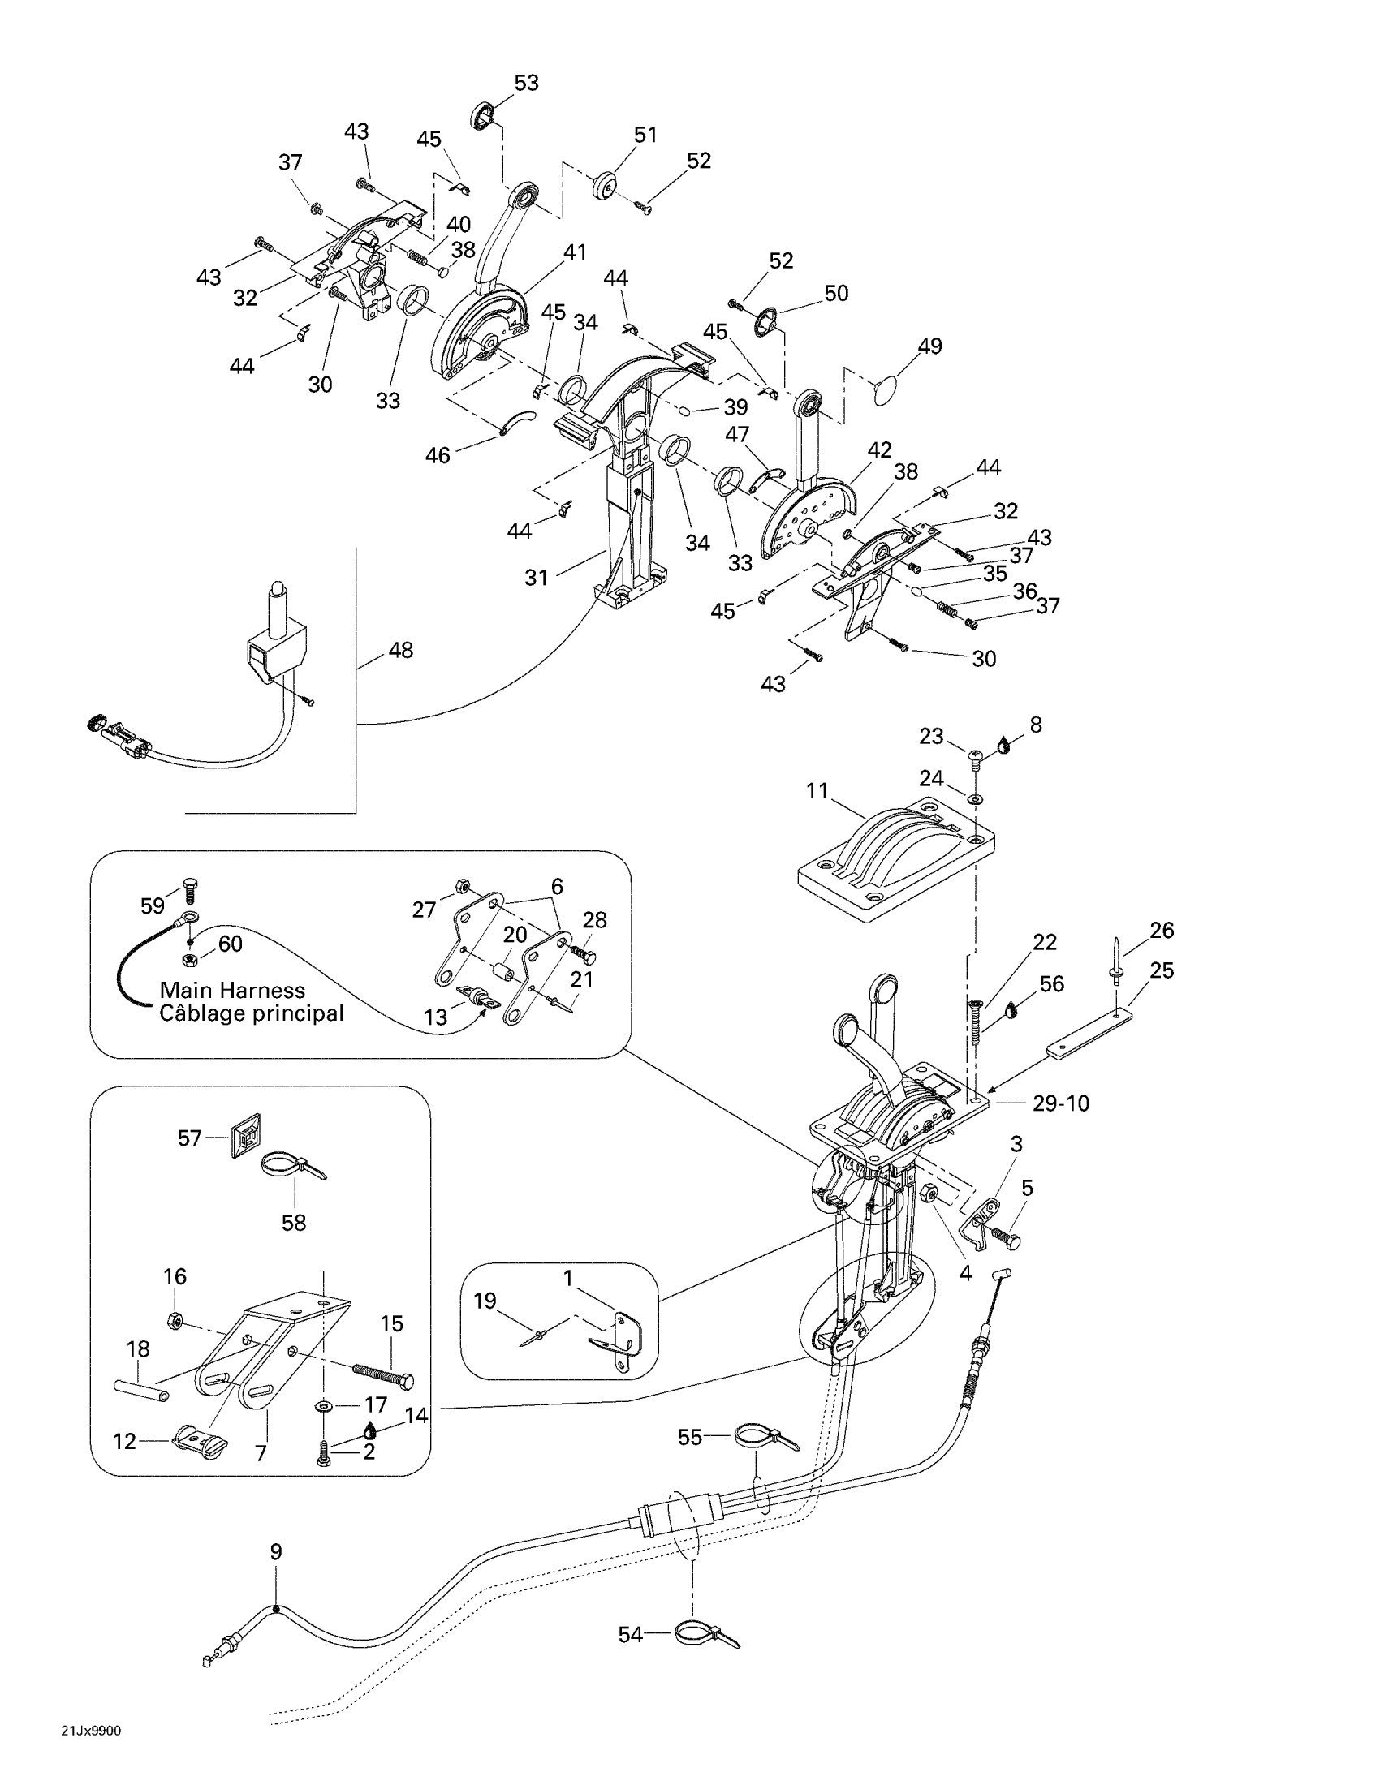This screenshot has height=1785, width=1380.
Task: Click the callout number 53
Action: (x=526, y=84)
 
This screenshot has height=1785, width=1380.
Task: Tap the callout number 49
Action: (x=929, y=346)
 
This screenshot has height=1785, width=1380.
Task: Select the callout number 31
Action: (x=537, y=578)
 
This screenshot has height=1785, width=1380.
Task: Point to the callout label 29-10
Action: (x=1060, y=1103)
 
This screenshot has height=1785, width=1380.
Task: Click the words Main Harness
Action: (x=232, y=991)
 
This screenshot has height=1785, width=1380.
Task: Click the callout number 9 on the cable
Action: (x=276, y=1551)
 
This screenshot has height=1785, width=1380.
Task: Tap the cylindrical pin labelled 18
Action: (x=140, y=1387)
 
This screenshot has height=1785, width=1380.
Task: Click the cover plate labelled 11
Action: (x=896, y=860)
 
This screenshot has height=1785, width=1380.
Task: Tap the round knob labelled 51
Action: (x=606, y=185)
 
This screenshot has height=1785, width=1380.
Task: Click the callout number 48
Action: (x=400, y=651)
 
